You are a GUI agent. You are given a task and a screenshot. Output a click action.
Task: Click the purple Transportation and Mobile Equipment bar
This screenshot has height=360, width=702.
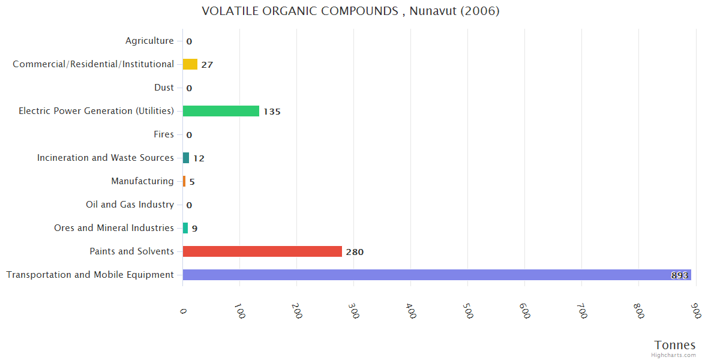click(x=437, y=275)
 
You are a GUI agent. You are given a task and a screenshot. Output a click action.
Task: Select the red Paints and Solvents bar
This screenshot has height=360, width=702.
click(x=262, y=251)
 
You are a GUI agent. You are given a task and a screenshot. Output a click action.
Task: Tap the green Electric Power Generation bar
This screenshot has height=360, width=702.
click(x=221, y=111)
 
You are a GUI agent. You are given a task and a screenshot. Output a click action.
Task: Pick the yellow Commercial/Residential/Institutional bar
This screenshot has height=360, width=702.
click(x=190, y=64)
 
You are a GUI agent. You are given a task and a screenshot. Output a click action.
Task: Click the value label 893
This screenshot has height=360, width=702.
click(x=679, y=275)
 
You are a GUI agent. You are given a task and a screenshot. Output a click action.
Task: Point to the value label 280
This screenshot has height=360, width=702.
click(x=355, y=252)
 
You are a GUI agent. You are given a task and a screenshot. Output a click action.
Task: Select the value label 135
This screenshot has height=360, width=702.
click(x=272, y=112)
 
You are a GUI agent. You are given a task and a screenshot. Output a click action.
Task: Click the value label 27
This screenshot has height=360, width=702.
click(x=207, y=65)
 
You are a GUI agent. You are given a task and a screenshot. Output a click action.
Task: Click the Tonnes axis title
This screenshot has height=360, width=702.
click(x=675, y=345)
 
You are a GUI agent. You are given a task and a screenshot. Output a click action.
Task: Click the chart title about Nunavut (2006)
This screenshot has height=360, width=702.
click(x=350, y=11)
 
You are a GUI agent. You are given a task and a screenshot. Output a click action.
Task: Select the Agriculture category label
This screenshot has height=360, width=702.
click(x=149, y=41)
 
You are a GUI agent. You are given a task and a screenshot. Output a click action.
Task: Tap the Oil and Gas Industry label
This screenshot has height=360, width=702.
click(x=130, y=205)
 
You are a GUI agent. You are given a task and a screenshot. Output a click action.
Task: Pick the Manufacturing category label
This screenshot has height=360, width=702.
click(x=142, y=181)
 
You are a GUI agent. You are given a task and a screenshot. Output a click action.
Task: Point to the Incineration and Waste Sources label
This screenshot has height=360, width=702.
click(x=106, y=158)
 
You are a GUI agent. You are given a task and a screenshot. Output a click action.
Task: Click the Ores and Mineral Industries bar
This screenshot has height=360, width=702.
click(x=185, y=228)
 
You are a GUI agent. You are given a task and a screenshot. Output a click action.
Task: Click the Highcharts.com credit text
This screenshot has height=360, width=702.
click(x=674, y=355)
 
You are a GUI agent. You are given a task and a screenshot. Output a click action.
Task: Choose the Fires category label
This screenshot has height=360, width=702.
click(x=164, y=134)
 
